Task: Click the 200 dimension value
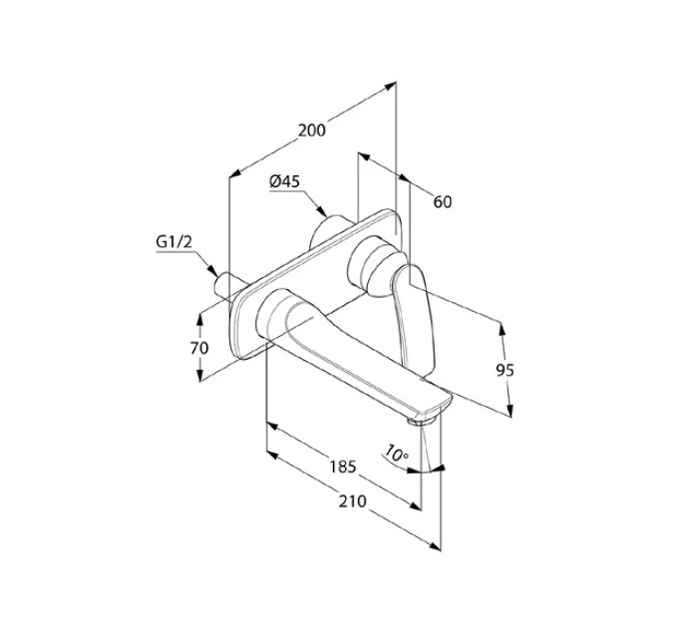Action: pyautogui.click(x=312, y=131)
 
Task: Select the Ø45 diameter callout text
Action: pyautogui.click(x=284, y=181)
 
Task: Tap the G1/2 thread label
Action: pyautogui.click(x=173, y=242)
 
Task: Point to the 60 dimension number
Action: pyautogui.click(x=443, y=201)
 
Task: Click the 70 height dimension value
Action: pyautogui.click(x=199, y=348)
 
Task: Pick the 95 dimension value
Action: pyautogui.click(x=505, y=370)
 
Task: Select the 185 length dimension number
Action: pyautogui.click(x=343, y=467)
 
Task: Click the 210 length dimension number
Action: pyautogui.click(x=352, y=501)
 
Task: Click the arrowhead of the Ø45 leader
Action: pyautogui.click(x=322, y=210)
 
